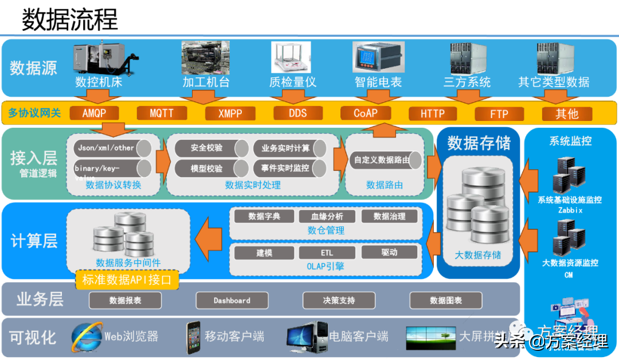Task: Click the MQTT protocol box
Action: [x=161, y=113]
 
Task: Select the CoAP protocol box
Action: [x=366, y=113]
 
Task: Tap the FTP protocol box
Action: [x=499, y=114]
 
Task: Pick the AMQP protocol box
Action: [x=94, y=113]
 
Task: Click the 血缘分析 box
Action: [x=327, y=216]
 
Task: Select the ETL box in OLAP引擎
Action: [x=327, y=252]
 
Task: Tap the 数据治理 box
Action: [x=390, y=216]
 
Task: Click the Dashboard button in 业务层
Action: [x=232, y=300]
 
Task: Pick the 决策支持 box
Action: [x=339, y=300]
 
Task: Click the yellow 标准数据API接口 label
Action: [x=127, y=280]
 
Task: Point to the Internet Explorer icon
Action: [x=87, y=336]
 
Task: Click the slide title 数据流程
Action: [x=70, y=20]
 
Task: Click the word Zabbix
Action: [x=570, y=210]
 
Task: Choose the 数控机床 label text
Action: [x=99, y=82]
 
